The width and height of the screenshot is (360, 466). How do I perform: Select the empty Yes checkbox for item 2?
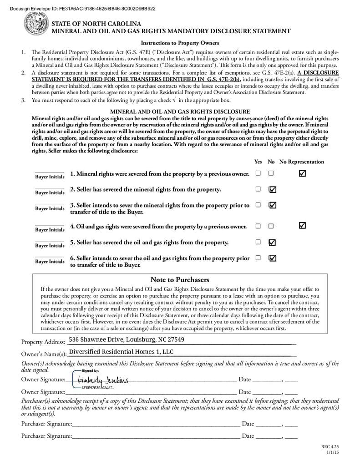pyautogui.click(x=258, y=189)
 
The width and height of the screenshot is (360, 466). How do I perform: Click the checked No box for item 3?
pyautogui.click(x=273, y=205)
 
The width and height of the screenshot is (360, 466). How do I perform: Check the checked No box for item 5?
pyautogui.click(x=272, y=242)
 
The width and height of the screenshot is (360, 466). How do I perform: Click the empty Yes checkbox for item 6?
pyautogui.click(x=258, y=258)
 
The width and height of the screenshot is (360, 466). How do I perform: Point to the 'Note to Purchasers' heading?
pyautogui.click(x=179, y=279)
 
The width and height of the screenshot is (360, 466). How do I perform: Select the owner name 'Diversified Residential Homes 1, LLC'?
pyautogui.click(x=121, y=352)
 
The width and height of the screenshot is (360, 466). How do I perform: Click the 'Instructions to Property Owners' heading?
pyautogui.click(x=179, y=43)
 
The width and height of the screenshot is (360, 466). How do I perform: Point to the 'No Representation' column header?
pyautogui.click(x=302, y=162)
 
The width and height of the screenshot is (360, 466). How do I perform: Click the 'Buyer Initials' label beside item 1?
pyautogui.click(x=50, y=177)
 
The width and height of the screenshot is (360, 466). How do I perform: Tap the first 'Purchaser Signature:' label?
pyautogui.click(x=46, y=424)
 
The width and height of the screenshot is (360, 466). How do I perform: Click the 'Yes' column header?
pyautogui.click(x=258, y=162)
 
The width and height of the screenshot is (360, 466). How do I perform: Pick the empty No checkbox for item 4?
pyautogui.click(x=271, y=226)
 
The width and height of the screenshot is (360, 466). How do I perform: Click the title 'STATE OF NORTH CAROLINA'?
pyautogui.click(x=96, y=24)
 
